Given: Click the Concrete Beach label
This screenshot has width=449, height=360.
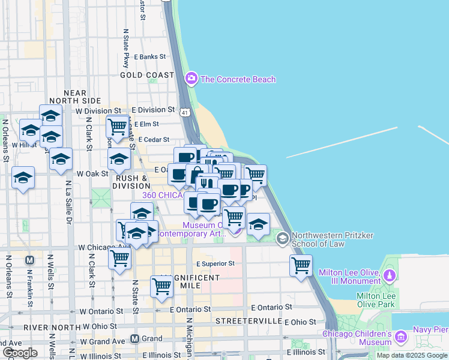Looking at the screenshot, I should click(238, 79).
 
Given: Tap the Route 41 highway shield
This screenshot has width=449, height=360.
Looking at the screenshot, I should click(185, 113).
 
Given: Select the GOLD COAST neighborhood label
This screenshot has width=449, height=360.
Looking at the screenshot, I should click(146, 75).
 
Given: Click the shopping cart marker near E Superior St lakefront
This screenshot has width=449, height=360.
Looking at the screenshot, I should click(301, 265).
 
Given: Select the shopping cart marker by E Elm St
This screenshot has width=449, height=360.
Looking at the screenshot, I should click(117, 127).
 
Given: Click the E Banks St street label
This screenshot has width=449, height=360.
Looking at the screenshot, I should click(149, 56).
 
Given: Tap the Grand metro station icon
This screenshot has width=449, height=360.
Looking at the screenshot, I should click(135, 338).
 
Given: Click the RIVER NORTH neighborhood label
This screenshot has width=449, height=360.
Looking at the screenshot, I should click(52, 328).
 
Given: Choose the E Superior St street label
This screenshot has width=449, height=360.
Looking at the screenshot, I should click(215, 263).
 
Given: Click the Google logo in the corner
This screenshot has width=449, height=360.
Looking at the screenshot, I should click(20, 352).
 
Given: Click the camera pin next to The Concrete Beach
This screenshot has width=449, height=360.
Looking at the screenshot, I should click(191, 78).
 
